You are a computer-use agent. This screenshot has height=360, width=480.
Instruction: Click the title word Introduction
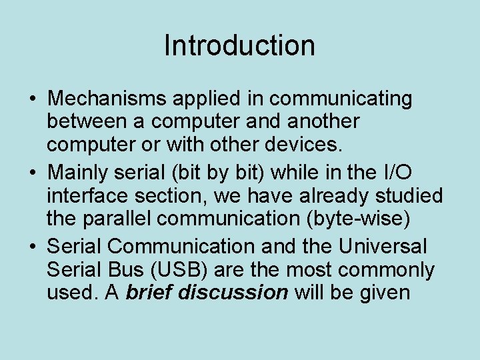[239, 46]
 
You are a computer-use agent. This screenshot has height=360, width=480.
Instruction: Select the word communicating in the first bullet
[341, 99]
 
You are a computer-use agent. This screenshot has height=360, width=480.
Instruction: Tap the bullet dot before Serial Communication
[33, 247]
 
